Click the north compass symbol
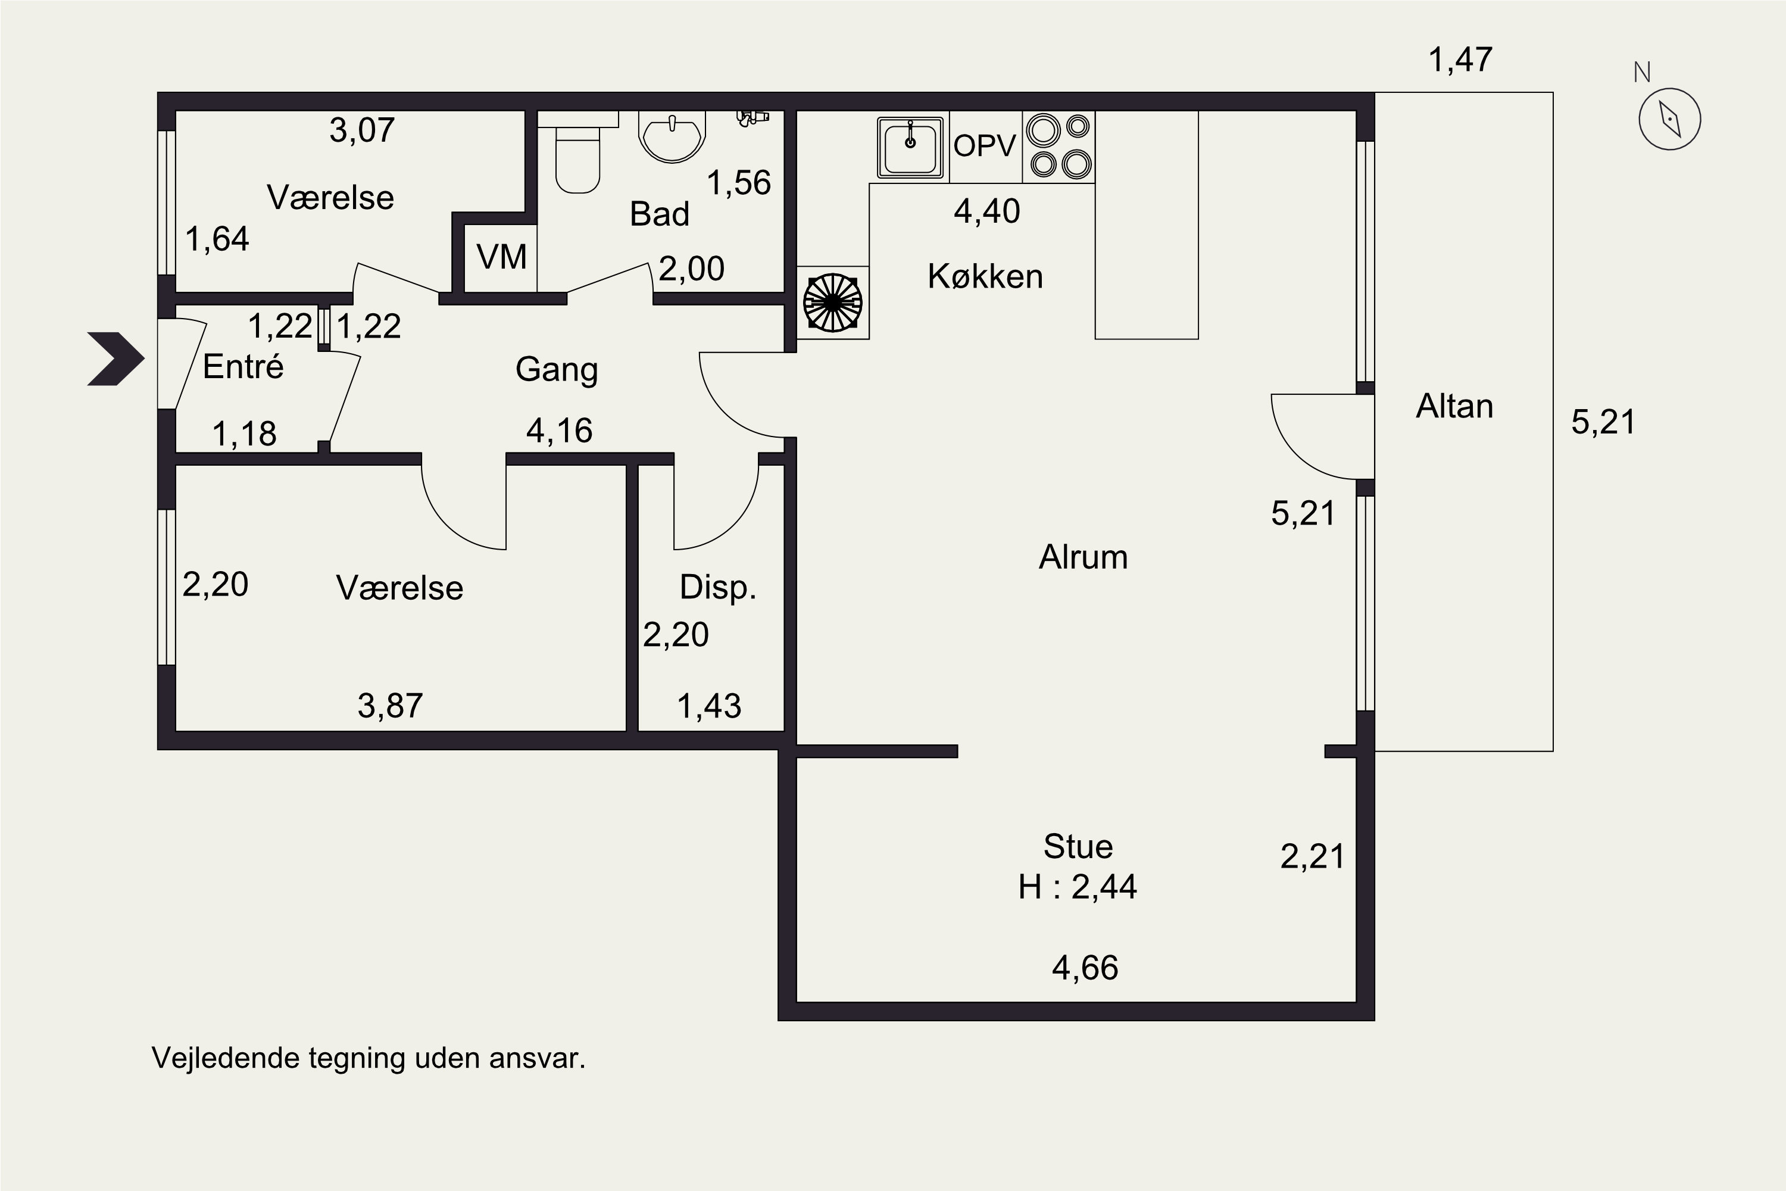click(x=1669, y=119)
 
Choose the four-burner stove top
click(x=1059, y=146)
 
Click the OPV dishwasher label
click(x=984, y=146)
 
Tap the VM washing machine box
click(x=501, y=257)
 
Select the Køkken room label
click(x=985, y=276)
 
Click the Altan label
click(x=1454, y=406)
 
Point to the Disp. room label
click(x=717, y=587)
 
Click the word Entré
click(x=243, y=367)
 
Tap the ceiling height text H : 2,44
click(x=1078, y=887)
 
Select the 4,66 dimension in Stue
click(x=1085, y=968)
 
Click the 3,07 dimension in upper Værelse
click(x=362, y=130)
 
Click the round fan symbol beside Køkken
click(x=832, y=303)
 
